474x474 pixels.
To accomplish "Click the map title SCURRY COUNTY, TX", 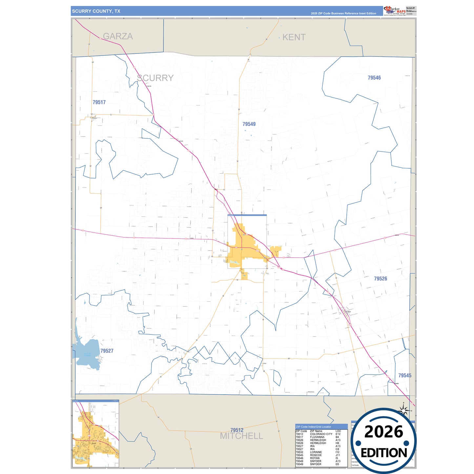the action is coord(96,11).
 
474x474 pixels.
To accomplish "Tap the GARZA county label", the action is coord(118,36).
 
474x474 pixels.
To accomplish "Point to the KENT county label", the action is coord(294,37).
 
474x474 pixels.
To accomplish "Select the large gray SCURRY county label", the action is coord(155,78).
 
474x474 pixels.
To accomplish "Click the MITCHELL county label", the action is coord(241,436).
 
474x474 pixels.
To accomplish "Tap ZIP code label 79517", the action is coord(99,102).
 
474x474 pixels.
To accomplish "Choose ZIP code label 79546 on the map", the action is coord(374,78).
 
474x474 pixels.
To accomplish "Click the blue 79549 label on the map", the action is coord(249,124).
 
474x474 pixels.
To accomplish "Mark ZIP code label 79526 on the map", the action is coord(381,278).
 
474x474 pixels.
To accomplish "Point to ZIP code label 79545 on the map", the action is coord(405,375).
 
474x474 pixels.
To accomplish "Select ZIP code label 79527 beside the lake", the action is coord(107,351).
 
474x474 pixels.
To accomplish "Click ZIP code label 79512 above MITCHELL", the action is coord(237,430).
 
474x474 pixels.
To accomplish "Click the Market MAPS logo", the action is coord(395,10).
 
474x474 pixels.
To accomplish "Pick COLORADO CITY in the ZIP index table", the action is coord(321,434).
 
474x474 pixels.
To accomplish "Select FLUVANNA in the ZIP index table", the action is coord(317,437).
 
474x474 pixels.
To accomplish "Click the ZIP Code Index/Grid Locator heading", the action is coord(313,427).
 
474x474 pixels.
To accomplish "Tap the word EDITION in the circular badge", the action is coord(384,453).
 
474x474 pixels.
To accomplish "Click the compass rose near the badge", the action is coord(404,410).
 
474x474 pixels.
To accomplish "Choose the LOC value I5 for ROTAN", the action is coord(337,458).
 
